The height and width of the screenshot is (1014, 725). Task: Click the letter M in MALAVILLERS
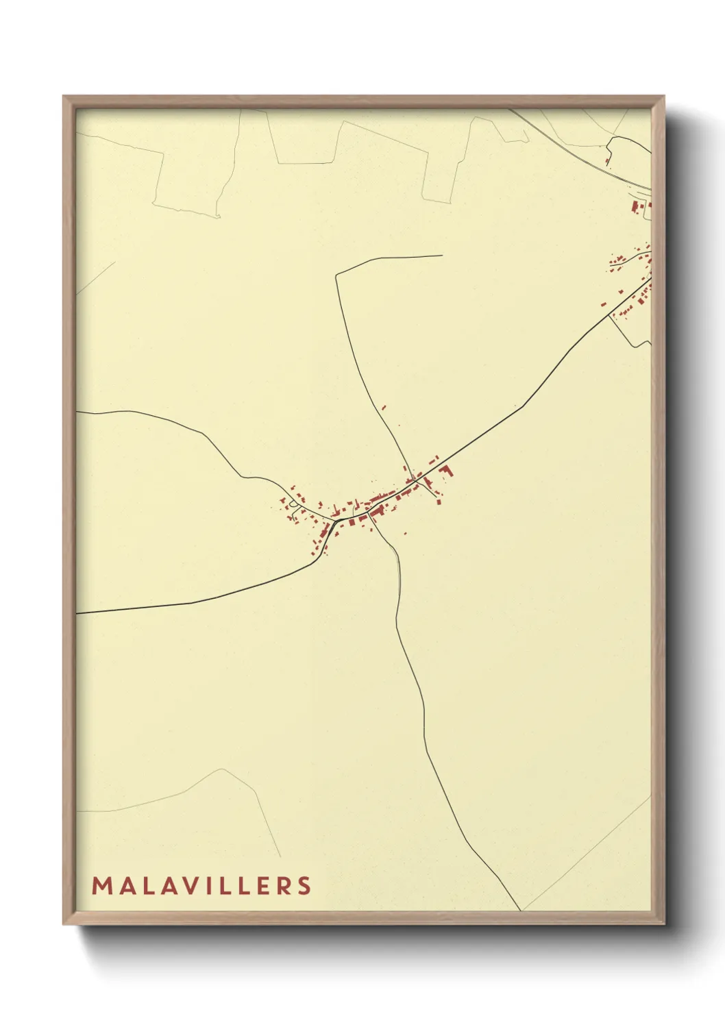pos(101,885)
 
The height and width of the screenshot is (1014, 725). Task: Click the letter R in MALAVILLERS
pos(284,885)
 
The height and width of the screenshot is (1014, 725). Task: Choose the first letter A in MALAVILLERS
pos(124,885)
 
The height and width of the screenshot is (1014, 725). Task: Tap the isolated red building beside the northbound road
pos(384,408)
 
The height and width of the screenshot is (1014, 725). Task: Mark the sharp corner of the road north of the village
pos(336,275)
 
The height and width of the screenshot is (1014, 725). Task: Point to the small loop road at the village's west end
pos(295,505)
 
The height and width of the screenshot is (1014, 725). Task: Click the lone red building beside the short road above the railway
pos(608,160)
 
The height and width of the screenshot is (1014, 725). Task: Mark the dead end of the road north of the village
pos(442,256)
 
